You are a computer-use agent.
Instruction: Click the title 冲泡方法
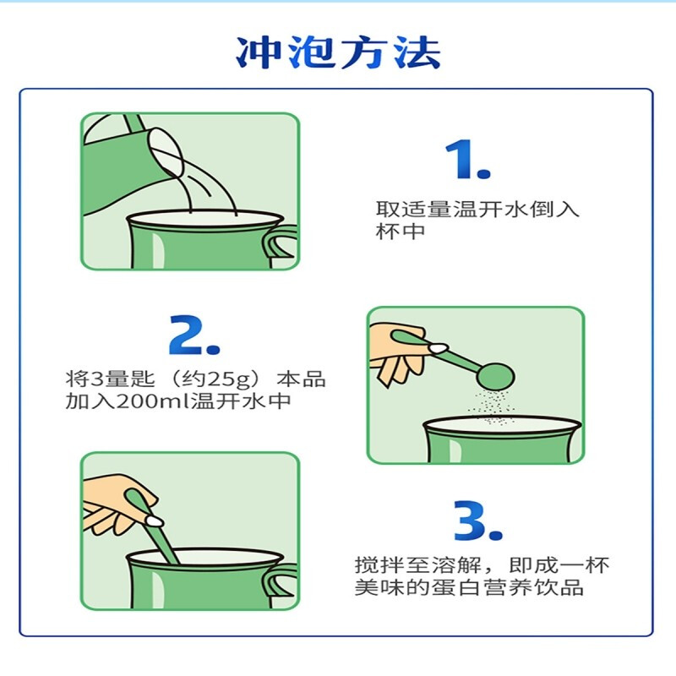(339, 52)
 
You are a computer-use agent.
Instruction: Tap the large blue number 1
(467, 159)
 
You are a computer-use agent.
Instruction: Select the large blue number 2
(194, 335)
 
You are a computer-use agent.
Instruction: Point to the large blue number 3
(478, 521)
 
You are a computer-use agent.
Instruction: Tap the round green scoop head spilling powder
(495, 377)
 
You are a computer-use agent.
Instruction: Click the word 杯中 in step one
(401, 231)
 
